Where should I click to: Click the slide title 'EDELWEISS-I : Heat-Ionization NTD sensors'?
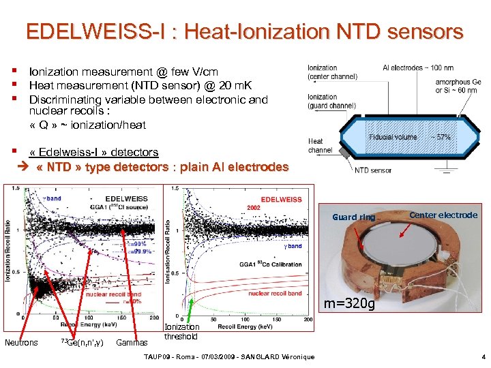click(x=245, y=31)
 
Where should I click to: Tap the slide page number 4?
click(x=483, y=356)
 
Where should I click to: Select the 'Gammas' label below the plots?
click(x=132, y=342)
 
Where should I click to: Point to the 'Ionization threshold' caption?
click(x=181, y=332)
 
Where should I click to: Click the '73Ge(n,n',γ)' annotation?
click(x=82, y=342)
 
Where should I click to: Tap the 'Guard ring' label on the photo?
click(x=353, y=217)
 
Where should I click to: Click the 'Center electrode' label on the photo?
click(x=443, y=215)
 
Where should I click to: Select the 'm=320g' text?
click(x=349, y=303)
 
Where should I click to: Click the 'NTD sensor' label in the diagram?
click(x=373, y=170)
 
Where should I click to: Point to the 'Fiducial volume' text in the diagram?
click(x=392, y=137)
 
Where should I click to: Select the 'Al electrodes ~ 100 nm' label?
click(x=418, y=67)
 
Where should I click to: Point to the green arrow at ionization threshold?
click(x=192, y=307)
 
